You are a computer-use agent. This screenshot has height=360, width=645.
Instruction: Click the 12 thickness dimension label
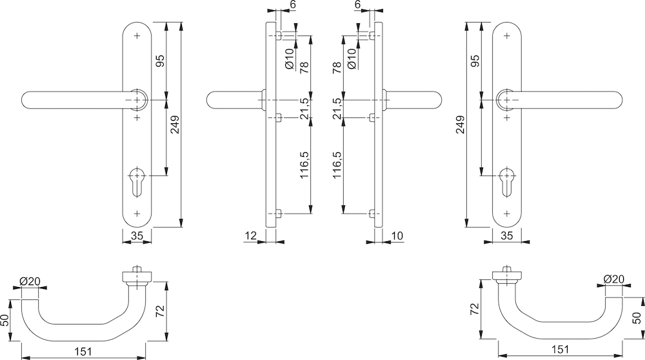pyautogui.click(x=250, y=235)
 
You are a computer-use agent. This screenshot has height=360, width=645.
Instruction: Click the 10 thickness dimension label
pyautogui.click(x=397, y=235)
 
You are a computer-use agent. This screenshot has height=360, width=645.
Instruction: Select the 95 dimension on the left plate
pyautogui.click(x=160, y=61)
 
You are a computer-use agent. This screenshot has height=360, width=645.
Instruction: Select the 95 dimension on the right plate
pyautogui.click(x=475, y=61)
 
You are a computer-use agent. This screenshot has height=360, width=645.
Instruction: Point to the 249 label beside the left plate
pyautogui.click(x=175, y=125)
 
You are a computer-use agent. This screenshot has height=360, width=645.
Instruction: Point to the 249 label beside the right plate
pyautogui.click(x=460, y=125)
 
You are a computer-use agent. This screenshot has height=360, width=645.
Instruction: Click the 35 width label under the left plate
pyautogui.click(x=137, y=235)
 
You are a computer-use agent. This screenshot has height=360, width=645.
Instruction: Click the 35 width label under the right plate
pyautogui.click(x=507, y=235)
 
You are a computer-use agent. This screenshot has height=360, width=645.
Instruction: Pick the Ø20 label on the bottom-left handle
pyautogui.click(x=30, y=281)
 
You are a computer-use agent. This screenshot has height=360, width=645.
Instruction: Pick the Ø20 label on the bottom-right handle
pyautogui.click(x=614, y=279)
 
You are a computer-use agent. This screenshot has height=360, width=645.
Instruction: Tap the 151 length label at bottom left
pyautogui.click(x=83, y=352)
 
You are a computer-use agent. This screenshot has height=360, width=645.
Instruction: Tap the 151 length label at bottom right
pyautogui.click(x=560, y=349)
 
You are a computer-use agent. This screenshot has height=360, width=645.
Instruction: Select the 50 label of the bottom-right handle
pyautogui.click(x=637, y=317)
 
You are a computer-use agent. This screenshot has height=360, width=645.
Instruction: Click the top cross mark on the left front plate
pyautogui.click(x=137, y=36)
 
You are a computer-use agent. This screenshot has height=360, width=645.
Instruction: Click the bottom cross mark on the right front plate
pyautogui.click(x=507, y=214)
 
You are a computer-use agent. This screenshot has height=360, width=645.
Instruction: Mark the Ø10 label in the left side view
pyautogui.click(x=289, y=59)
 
